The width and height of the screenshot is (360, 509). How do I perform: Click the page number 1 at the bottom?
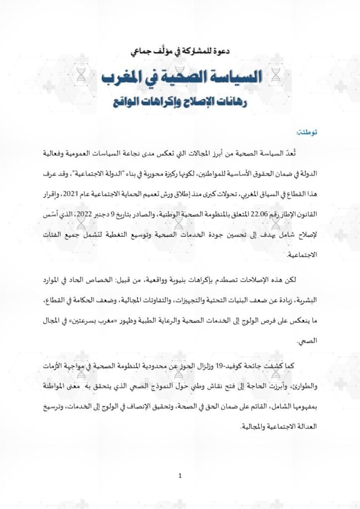pos(180,476)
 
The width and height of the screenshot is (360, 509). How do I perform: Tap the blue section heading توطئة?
pos(307,132)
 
